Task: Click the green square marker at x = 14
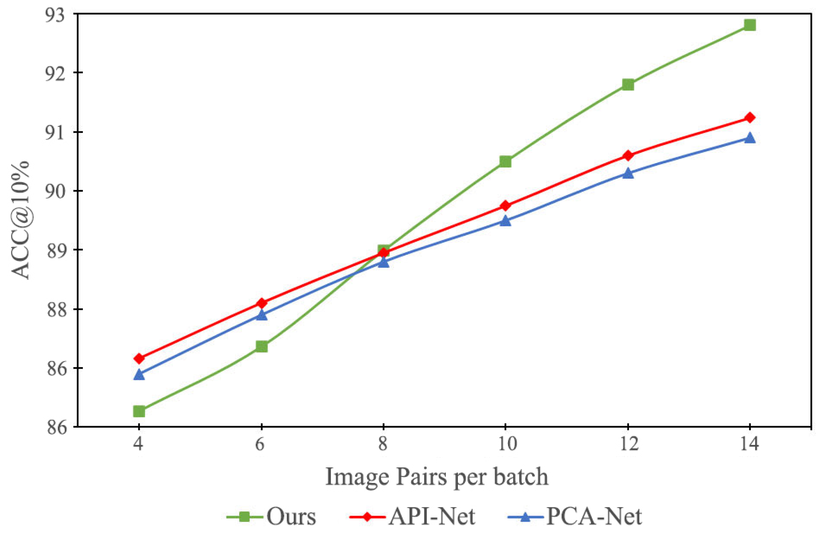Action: click(x=750, y=25)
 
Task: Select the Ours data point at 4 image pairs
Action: click(x=139, y=411)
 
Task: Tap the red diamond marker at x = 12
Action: click(x=628, y=155)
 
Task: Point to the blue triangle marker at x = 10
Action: click(x=505, y=221)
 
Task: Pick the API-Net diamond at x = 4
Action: click(x=139, y=359)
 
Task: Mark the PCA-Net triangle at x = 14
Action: click(x=750, y=138)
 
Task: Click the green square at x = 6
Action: click(x=261, y=346)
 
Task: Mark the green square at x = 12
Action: click(x=628, y=84)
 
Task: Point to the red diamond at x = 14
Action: click(x=750, y=118)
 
